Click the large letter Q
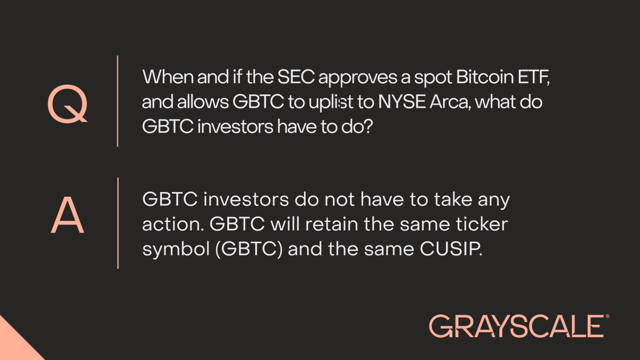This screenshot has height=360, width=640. tap(67, 104)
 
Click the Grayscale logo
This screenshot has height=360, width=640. tap(516, 325)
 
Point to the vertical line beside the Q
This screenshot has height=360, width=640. tap(117, 101)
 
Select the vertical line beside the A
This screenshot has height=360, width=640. tap(117, 223)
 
